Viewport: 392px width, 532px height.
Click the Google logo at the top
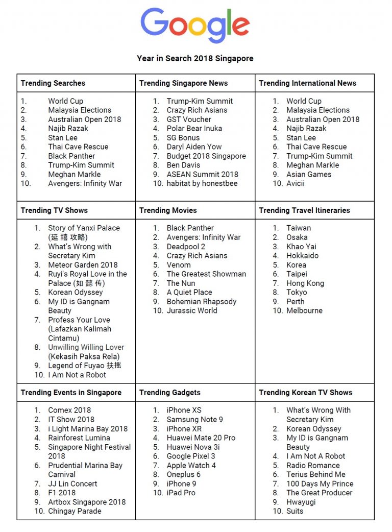195,26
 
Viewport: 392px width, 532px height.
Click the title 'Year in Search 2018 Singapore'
195,58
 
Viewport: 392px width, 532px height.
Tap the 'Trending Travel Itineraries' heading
304,210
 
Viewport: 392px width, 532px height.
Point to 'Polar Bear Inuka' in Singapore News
194,129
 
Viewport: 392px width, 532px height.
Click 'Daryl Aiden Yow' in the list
194,147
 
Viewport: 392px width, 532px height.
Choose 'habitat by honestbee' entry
202,184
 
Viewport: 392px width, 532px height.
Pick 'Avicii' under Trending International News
296,184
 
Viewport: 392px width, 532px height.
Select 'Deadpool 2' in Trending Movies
186,247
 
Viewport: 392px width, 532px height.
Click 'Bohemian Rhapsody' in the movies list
201,302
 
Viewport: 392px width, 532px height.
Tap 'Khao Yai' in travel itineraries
301,247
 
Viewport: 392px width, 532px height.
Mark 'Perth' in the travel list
296,302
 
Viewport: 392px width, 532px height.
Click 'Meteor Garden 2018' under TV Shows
83,265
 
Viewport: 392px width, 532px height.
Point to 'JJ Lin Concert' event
72,484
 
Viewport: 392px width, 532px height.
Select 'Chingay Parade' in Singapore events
75,512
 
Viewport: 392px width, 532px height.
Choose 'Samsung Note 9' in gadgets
194,420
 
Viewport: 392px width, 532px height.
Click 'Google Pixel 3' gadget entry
191,456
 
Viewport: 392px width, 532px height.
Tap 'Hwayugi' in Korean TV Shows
301,502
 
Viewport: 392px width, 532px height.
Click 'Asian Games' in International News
309,175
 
